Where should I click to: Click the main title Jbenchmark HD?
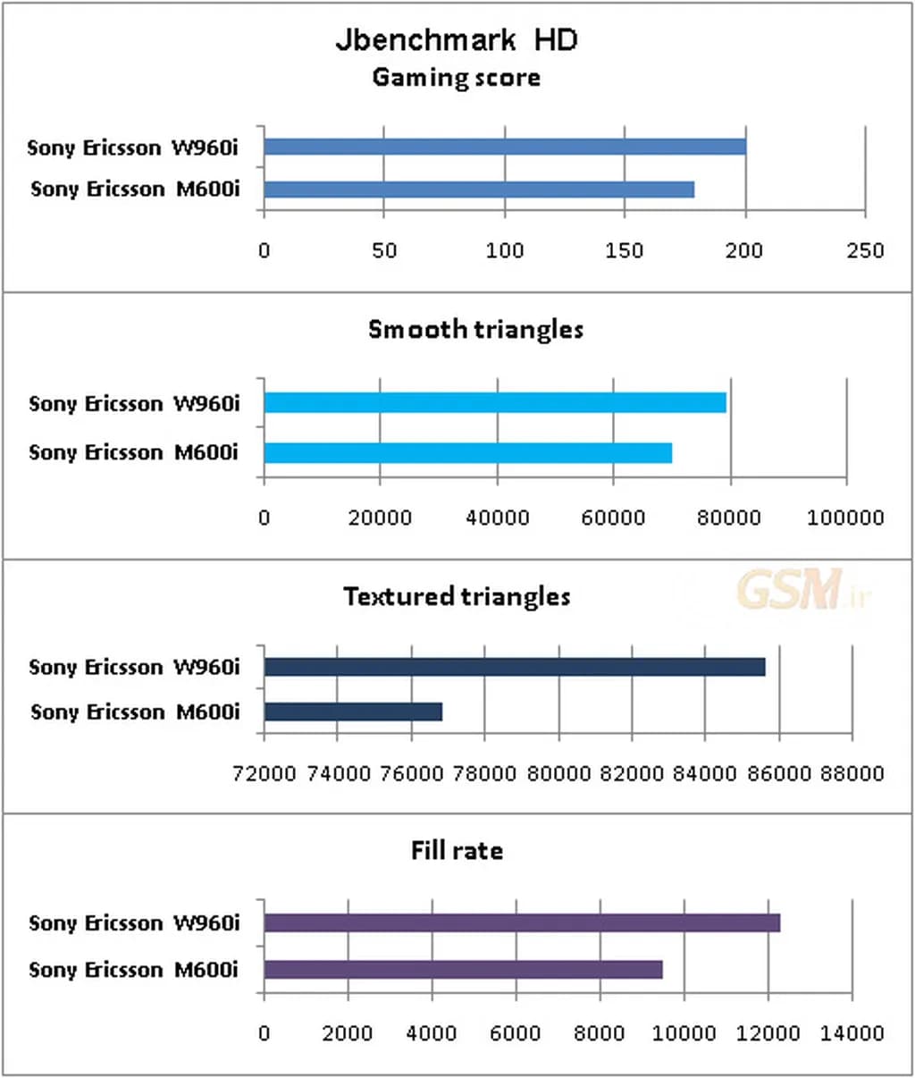pos(457,40)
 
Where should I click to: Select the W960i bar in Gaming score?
pos(505,147)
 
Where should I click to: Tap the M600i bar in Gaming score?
pos(479,189)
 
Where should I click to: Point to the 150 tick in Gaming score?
pos(624,250)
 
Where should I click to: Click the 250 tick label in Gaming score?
pos(865,250)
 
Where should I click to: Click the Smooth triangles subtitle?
pos(475,330)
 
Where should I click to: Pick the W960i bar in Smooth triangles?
pos(495,403)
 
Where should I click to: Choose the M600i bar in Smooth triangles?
pos(467,452)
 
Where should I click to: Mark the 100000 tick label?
pos(845,518)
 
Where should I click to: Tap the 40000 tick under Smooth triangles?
pos(497,518)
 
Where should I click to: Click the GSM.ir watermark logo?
pos(802,590)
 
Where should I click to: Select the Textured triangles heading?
pos(457,596)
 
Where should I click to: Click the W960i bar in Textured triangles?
pos(515,667)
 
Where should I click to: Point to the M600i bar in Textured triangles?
pos(353,712)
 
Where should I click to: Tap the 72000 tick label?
pos(264,773)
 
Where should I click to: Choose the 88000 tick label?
pos(852,773)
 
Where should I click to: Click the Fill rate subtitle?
pos(457,850)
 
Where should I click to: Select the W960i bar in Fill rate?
pos(522,922)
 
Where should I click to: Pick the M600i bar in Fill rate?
pos(463,970)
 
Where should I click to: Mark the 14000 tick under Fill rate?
pos(852,1033)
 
